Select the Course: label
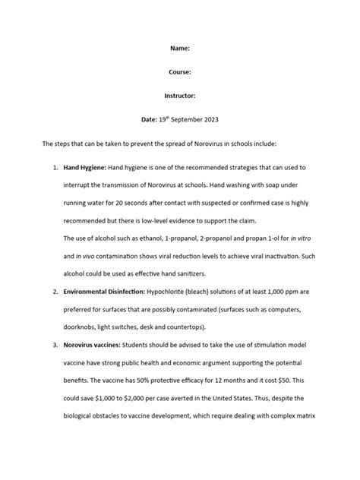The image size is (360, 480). coord(180,72)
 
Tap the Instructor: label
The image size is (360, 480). coord(180,96)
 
